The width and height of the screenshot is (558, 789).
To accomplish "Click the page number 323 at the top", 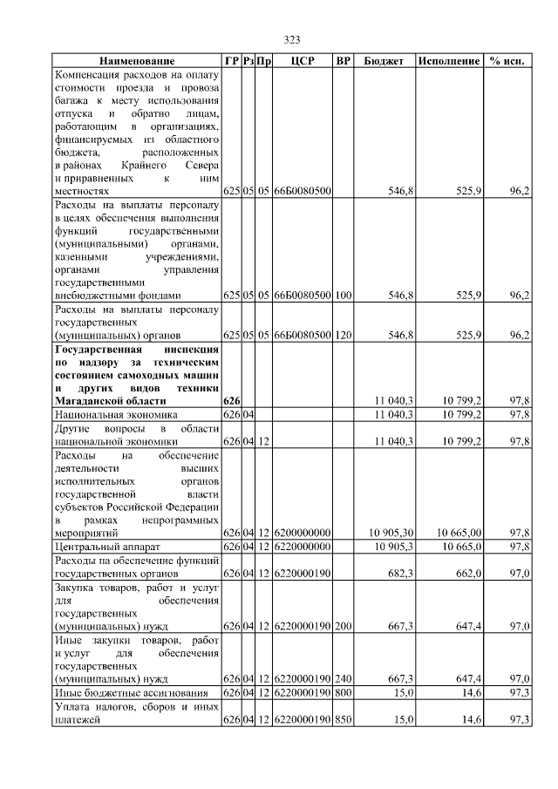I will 292,40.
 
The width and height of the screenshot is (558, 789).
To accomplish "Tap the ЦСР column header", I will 301,62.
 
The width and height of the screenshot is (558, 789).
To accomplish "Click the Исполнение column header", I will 448,62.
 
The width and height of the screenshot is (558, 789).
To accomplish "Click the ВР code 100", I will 344,296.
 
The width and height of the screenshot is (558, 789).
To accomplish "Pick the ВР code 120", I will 344,335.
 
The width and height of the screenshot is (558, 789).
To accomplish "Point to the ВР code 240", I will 344,677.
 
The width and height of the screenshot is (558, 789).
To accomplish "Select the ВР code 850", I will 344,720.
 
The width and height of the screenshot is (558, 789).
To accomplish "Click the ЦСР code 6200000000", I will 302,532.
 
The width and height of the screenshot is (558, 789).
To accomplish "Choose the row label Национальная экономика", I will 116,415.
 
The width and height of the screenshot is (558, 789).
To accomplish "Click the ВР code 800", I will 344,692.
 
